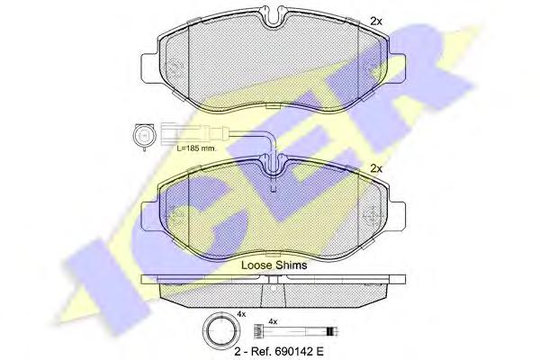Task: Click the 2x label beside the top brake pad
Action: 376,22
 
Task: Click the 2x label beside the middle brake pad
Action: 376,169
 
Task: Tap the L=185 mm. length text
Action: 196,148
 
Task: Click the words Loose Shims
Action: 274,265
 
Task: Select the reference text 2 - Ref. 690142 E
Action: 279,351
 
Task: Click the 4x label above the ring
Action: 241,314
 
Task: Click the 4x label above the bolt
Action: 273,322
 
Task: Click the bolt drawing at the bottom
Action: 296,331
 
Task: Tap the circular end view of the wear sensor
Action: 143,137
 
